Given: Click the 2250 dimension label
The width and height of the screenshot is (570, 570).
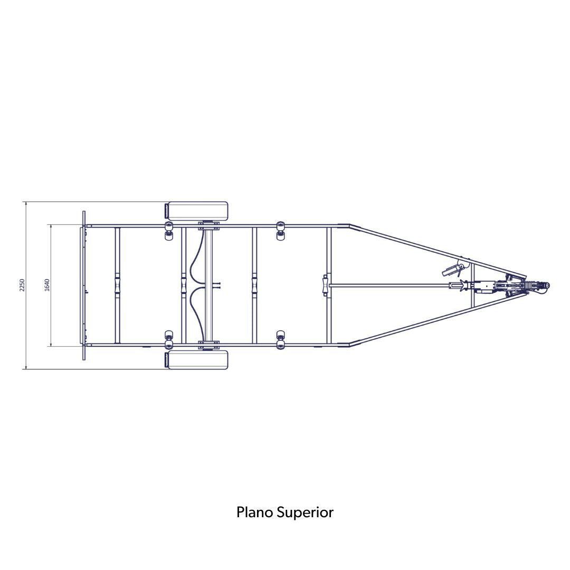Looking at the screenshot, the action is pyautogui.click(x=22, y=286).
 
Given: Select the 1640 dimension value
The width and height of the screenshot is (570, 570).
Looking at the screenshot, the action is pyautogui.click(x=46, y=286).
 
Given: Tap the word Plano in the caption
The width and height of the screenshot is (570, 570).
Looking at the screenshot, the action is pyautogui.click(x=255, y=512).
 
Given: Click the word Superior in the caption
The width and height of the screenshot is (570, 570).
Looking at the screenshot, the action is pyautogui.click(x=305, y=513).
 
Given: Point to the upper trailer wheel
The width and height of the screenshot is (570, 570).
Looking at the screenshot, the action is pyautogui.click(x=197, y=211).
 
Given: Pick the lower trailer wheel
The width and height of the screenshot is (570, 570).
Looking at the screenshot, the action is pyautogui.click(x=197, y=360).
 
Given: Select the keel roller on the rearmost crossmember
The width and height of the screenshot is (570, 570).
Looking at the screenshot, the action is pyautogui.click(x=117, y=286).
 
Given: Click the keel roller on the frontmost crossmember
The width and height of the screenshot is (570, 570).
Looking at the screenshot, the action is pyautogui.click(x=325, y=286).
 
